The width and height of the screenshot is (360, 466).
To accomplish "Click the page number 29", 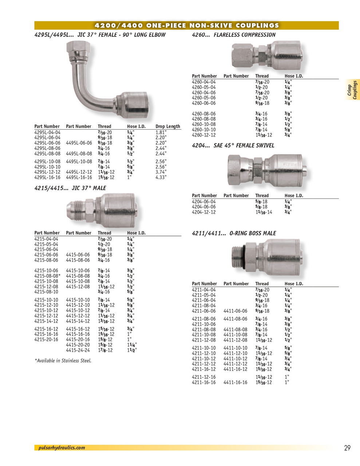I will pos(347,448).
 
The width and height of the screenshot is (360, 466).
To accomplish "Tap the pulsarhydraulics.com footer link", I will pos(62,448).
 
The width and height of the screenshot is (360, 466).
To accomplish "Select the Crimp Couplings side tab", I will pos(352,90).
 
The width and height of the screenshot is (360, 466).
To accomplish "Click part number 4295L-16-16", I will pos(47,177).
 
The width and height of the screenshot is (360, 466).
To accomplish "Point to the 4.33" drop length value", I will pos(161,177).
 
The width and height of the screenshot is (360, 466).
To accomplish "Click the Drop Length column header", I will pos(168,126).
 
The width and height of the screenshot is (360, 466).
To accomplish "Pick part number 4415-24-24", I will pos(78,350).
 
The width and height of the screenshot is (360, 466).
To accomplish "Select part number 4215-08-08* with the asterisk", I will pos(47,276).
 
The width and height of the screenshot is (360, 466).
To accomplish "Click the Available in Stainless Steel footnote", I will pos(63,361).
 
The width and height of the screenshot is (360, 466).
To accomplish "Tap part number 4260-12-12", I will pos(203,135).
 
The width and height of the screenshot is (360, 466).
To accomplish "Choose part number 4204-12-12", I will pos(203,212).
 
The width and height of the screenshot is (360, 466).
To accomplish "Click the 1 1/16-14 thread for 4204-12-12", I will pos(264,212).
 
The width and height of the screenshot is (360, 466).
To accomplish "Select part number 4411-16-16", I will pos(235,383).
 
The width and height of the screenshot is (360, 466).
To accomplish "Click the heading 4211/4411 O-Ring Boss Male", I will pos(234,233).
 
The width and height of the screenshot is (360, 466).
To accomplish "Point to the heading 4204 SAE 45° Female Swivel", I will pos(233,146).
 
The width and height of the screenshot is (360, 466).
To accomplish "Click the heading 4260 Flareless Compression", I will pos(233,35).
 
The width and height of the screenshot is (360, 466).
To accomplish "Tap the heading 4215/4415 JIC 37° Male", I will pos(70,188).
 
